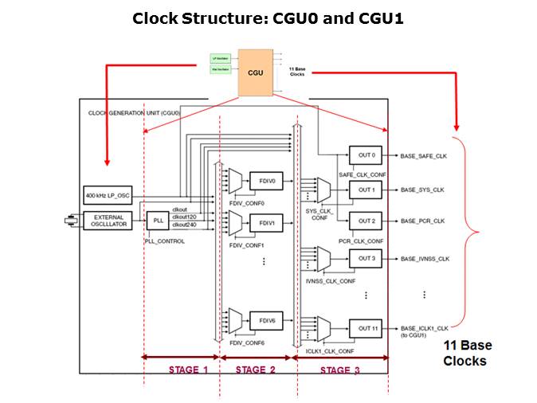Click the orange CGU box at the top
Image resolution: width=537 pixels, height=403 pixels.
click(x=256, y=72)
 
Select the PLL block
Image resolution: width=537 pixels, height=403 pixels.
click(x=156, y=220)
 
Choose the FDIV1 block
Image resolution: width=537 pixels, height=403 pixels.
click(x=265, y=223)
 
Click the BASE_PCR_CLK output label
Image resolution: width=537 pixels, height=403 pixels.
click(x=422, y=220)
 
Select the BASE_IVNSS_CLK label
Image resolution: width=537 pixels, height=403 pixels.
click(x=425, y=258)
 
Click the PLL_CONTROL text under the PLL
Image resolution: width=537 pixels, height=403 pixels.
click(x=165, y=240)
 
